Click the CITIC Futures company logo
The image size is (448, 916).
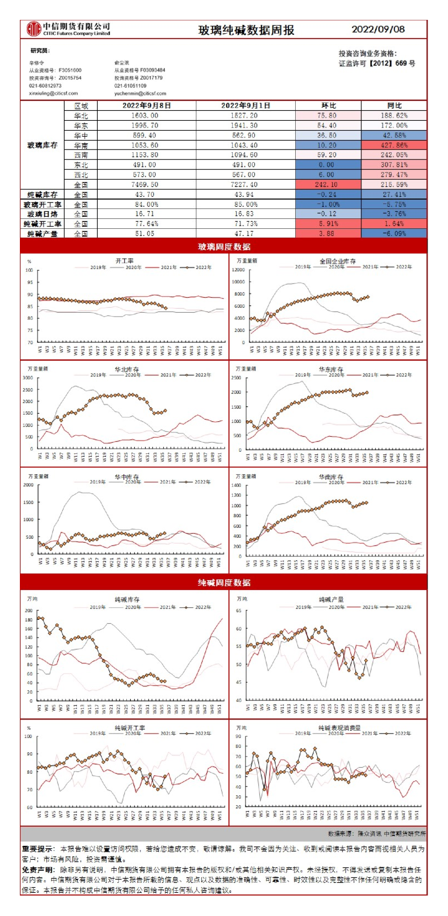34,29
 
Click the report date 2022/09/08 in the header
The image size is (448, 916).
378,29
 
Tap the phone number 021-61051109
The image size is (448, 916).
131,86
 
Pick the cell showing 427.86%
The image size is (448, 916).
394,145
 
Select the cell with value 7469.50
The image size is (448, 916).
145,185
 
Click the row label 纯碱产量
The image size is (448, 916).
42,234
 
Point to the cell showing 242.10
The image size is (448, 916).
327,185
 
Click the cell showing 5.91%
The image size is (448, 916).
327,224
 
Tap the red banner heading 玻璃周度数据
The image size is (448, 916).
223,247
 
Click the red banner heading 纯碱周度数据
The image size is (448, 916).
223,582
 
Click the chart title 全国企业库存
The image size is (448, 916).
337,261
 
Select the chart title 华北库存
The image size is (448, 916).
127,369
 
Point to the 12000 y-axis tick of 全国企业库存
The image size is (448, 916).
238,270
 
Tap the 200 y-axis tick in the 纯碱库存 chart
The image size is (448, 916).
29,610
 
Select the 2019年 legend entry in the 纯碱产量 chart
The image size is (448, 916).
302,607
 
